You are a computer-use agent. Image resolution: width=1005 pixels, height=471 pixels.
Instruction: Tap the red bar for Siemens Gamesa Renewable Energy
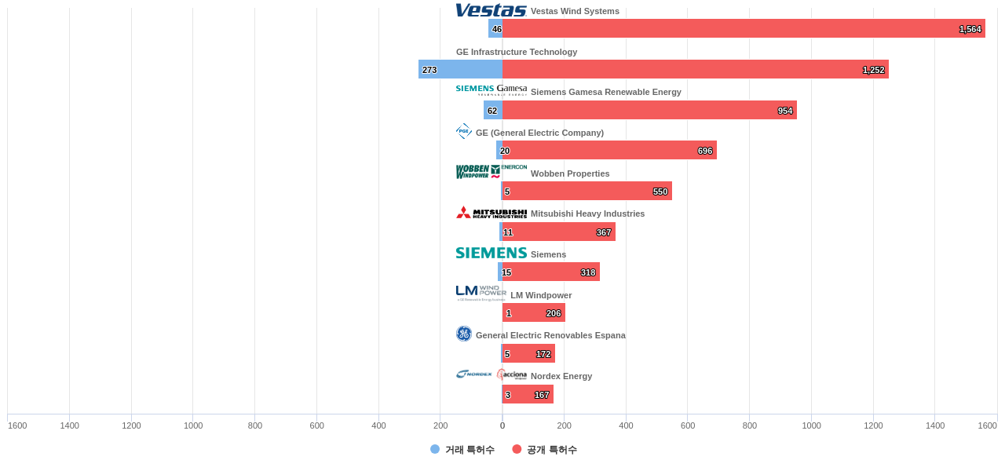(x=644, y=111)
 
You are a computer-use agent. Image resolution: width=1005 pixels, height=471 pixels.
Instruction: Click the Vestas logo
(x=491, y=10)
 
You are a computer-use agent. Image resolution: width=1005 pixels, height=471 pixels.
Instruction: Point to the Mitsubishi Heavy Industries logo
(x=491, y=213)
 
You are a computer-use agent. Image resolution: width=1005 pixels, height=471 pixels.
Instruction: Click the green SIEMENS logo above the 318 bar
(x=491, y=253)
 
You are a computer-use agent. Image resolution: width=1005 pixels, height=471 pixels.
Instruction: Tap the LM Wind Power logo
(x=481, y=294)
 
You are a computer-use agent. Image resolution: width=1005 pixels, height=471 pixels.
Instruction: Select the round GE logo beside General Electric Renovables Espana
(x=464, y=334)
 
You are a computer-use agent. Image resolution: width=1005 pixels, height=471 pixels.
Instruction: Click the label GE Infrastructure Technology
(x=517, y=52)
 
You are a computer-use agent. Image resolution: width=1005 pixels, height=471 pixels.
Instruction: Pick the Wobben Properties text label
(x=570, y=173)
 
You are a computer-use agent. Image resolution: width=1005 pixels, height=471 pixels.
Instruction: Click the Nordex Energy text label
(x=561, y=376)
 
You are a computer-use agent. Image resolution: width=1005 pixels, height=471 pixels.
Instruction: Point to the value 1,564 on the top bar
(x=970, y=29)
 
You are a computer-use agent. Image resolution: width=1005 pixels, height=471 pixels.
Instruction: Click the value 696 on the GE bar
(x=705, y=151)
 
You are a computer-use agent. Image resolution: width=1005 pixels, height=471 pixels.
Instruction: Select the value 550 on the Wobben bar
(x=660, y=192)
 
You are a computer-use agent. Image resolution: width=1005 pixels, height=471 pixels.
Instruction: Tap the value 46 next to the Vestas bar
(x=497, y=29)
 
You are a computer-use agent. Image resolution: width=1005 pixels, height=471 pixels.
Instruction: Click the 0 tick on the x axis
(x=502, y=425)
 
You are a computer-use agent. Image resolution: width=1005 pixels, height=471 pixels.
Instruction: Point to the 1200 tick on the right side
(x=873, y=425)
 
